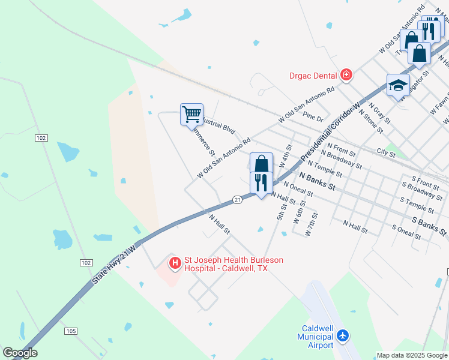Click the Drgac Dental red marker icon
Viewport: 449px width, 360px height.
346,75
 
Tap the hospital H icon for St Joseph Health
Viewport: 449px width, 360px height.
175,263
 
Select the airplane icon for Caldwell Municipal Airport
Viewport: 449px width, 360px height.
343,335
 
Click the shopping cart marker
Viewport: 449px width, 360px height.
191,113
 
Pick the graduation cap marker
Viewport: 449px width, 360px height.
398,85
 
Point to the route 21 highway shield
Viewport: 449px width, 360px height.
238,199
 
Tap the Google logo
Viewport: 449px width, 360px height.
20,353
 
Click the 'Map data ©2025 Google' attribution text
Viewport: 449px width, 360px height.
412,355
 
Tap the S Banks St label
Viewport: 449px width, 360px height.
429,226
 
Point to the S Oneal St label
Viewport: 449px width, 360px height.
406,231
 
